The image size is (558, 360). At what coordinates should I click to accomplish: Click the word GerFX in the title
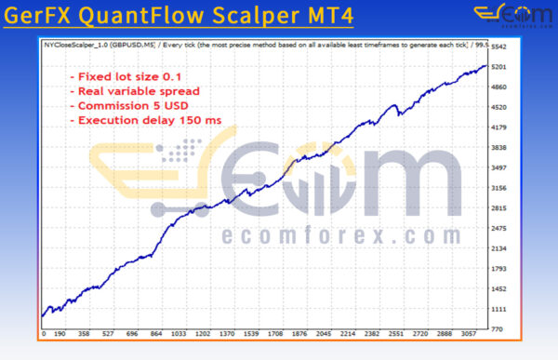[x=46, y=17]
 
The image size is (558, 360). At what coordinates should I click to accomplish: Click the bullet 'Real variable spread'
[x=136, y=90]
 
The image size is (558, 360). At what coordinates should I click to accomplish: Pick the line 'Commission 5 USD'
[x=131, y=105]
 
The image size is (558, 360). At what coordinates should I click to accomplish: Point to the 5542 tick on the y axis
[x=500, y=47]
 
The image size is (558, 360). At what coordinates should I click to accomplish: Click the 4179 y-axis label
[x=500, y=127]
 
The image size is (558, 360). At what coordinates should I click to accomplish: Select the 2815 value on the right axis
[x=500, y=208]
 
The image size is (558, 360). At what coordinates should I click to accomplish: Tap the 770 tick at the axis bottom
[x=498, y=329]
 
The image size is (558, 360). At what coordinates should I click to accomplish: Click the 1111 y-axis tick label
[x=500, y=309]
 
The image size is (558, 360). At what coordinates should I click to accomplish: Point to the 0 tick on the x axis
[x=44, y=332]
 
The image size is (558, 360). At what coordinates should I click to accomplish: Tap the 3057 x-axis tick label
[x=468, y=332]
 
